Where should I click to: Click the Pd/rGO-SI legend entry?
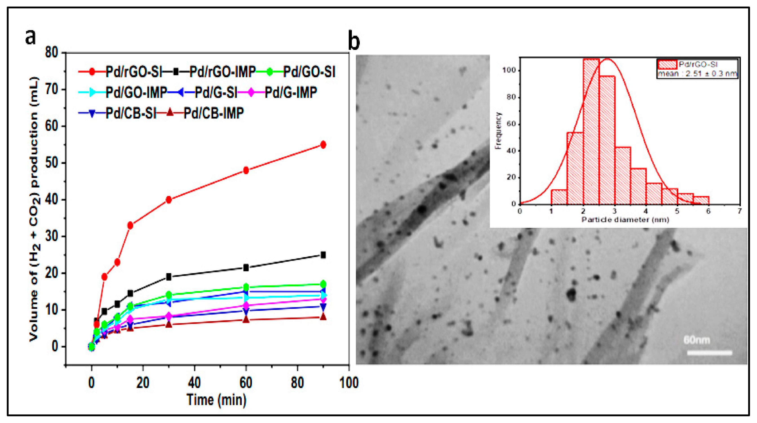pos(134,72)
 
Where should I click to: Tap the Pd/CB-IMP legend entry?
pos(214,113)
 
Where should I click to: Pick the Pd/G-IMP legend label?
pos(291,92)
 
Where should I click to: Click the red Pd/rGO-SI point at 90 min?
pos(323,145)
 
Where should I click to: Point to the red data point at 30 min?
pos(169,200)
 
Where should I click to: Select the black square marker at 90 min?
pos(323,255)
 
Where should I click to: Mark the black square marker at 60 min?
pos(246,268)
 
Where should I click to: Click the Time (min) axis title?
pos(216,400)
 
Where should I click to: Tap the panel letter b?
pos(354,41)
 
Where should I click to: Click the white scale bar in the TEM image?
pos(709,352)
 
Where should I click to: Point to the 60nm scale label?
pos(697,340)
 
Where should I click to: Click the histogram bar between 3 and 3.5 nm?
pos(622,175)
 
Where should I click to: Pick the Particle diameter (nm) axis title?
pos(625,220)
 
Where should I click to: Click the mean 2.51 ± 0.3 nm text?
pos(697,74)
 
